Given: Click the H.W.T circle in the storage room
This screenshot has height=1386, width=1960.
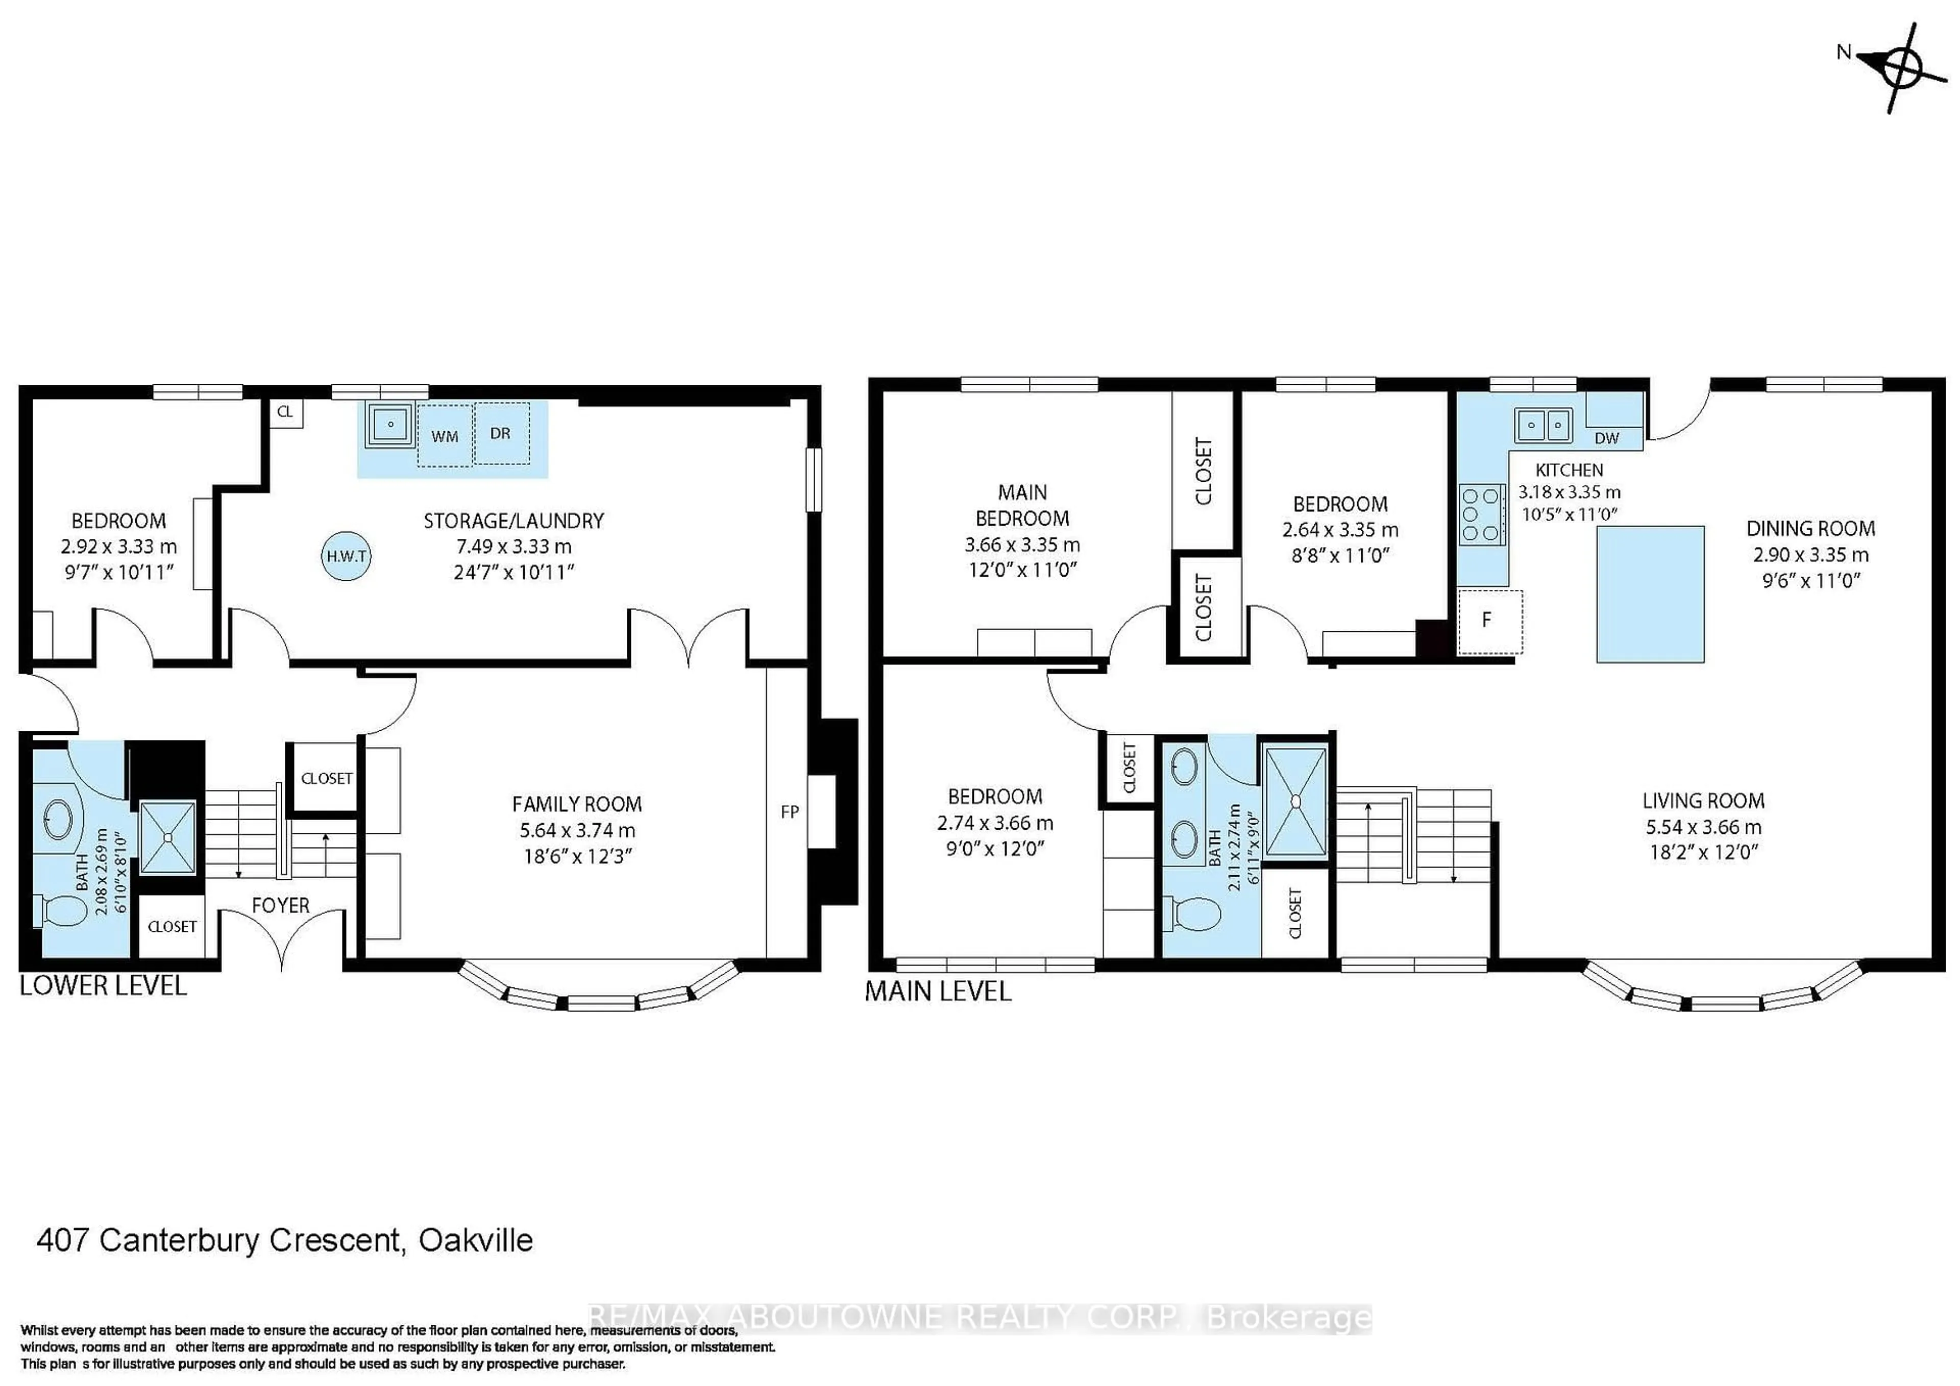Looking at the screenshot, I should [347, 556].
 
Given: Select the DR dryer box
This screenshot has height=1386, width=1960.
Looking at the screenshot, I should [501, 434].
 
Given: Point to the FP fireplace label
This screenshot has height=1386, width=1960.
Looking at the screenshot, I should [790, 811].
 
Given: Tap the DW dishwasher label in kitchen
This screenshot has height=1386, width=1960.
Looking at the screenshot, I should [1607, 438].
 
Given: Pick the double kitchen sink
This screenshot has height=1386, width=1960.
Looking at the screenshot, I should [1543, 424].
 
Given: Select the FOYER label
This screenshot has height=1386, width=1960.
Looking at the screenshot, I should [280, 905].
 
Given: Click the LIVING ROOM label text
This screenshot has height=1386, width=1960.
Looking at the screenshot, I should [1703, 801].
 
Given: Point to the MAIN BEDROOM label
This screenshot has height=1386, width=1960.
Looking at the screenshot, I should [1022, 505].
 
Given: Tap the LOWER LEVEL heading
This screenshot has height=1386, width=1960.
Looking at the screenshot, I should [103, 986].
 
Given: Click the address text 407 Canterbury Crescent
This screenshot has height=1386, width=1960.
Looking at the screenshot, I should [284, 1240].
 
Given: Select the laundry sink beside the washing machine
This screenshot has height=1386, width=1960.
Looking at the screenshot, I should [390, 424].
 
